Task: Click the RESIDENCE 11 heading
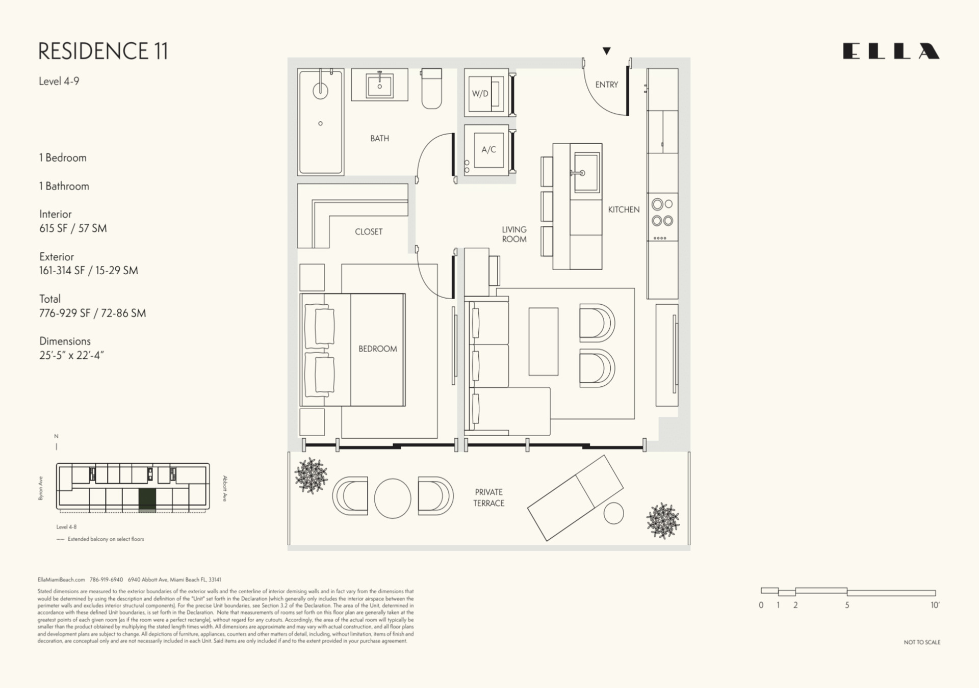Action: pos(103,51)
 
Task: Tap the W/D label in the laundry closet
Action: pos(480,94)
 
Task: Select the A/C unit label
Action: pos(488,150)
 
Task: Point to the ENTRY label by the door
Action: pos(606,85)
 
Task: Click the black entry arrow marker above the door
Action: pos(606,50)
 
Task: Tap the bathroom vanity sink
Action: pos(379,86)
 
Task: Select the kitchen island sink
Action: pos(586,172)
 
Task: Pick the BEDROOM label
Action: pos(377,349)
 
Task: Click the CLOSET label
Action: pos(368,231)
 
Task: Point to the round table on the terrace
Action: pos(392,498)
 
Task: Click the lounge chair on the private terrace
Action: pos(575,497)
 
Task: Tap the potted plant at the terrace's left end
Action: pos(311,475)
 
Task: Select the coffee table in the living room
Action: pos(543,341)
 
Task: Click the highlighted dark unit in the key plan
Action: pos(147,498)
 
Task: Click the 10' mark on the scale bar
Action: pos(935,605)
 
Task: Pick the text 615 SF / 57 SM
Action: pos(73,228)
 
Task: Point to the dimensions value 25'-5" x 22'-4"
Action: pos(71,355)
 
